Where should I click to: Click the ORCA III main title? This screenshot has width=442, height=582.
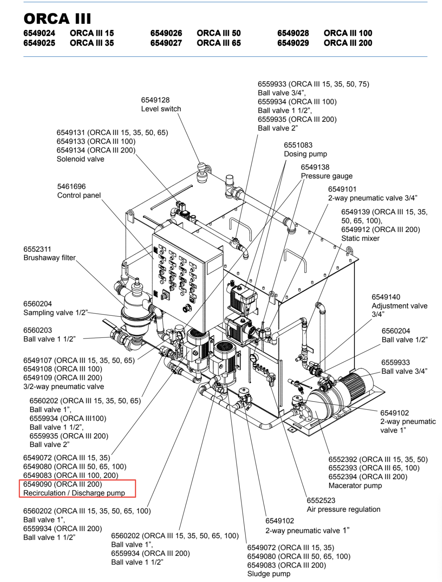pyautogui.click(x=57, y=19)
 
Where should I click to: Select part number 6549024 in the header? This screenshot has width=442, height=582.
pyautogui.click(x=39, y=33)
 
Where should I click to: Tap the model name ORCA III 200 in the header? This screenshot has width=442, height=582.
pyautogui.click(x=348, y=43)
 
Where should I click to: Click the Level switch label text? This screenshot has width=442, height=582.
pyautogui.click(x=161, y=109)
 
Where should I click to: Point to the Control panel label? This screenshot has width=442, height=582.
pyautogui.click(x=79, y=195)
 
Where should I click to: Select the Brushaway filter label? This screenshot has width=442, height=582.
pyautogui.click(x=49, y=258)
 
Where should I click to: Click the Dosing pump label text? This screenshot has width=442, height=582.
pyautogui.click(x=305, y=154)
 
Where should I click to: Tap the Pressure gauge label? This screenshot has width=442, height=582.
pyautogui.click(x=326, y=176)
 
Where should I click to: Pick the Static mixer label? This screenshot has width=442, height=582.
pyautogui.click(x=360, y=238)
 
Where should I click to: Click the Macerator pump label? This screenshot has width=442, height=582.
pyautogui.click(x=355, y=486)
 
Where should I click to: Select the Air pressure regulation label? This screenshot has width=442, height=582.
pyautogui.click(x=343, y=509)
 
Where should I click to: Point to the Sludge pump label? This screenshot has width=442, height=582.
pyautogui.click(x=269, y=574)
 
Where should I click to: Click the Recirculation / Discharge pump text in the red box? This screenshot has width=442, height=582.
pyautogui.click(x=74, y=493)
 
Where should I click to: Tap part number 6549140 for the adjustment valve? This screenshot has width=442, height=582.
pyautogui.click(x=386, y=297)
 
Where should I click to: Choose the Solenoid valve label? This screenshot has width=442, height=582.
pyautogui.click(x=80, y=159)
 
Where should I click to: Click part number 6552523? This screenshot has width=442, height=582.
pyautogui.click(x=321, y=500)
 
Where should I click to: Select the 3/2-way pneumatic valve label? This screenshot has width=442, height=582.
pyautogui.click(x=64, y=387)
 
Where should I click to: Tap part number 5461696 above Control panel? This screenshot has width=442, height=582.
pyautogui.click(x=71, y=187)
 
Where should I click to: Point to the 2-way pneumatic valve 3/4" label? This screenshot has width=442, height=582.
pyautogui.click(x=373, y=198)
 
